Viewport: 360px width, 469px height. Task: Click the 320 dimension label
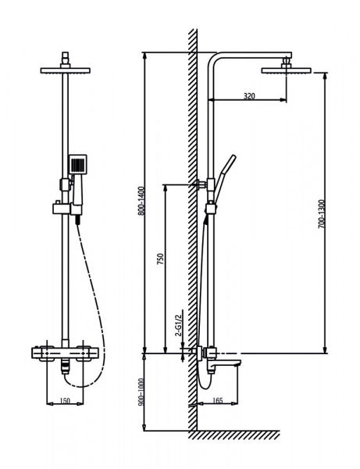click(248, 96)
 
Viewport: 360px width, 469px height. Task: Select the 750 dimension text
click(159, 260)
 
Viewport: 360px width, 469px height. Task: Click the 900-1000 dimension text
click(141, 391)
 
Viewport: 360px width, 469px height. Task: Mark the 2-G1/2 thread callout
click(180, 322)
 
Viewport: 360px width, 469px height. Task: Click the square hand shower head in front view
click(77, 164)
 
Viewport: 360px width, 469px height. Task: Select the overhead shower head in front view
click(65, 72)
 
